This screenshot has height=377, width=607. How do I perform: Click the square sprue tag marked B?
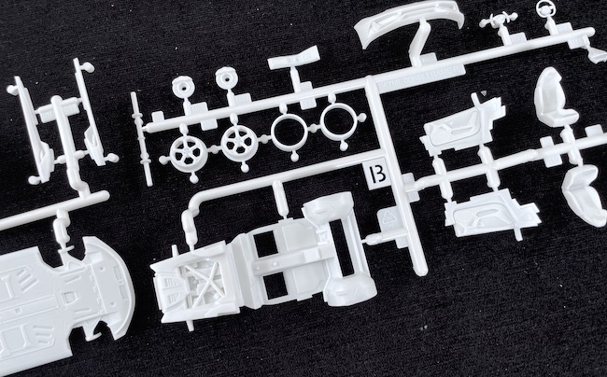(376, 175)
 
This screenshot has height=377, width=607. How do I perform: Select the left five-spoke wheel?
(189, 153)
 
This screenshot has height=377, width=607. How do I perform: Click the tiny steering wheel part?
(546, 8)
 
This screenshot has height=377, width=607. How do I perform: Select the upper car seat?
(554, 98)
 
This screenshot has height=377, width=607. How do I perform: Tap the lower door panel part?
(491, 214)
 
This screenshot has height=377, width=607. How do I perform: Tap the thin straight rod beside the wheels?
(141, 138)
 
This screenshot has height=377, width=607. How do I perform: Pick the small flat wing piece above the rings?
(293, 59)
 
